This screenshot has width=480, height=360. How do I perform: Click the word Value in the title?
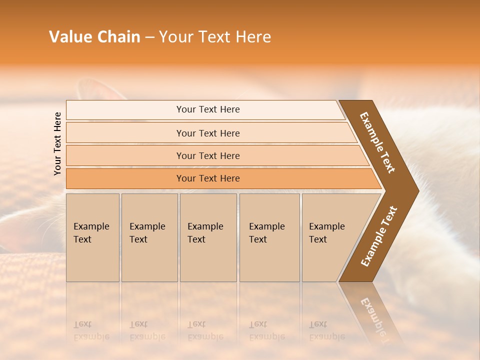[69, 37]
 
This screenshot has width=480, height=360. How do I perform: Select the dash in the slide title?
[149, 37]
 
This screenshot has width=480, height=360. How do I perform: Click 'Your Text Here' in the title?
[215, 37]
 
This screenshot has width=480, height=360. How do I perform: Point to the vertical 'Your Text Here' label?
[57, 143]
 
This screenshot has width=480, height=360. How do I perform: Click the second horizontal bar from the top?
[208, 133]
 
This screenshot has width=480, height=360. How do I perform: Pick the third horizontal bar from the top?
[208, 155]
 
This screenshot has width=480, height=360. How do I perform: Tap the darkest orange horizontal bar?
[208, 178]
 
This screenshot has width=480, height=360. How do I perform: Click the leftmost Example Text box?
[92, 237]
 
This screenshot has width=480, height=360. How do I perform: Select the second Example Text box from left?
[149, 237]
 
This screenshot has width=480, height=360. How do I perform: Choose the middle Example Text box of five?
[208, 237]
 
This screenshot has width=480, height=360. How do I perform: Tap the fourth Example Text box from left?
[269, 237]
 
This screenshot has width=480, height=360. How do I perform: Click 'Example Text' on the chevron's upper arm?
[377, 142]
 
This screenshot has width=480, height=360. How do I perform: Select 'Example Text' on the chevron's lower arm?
[379, 236]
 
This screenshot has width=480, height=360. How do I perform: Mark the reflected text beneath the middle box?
[205, 330]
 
